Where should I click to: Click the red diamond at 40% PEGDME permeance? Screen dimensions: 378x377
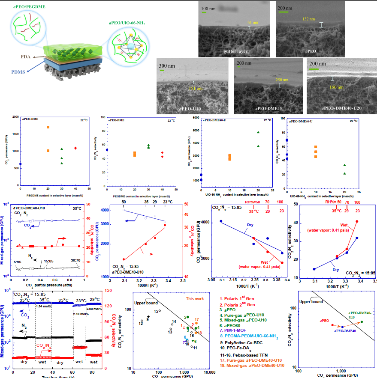(75, 148)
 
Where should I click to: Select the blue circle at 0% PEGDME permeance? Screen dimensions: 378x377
(20, 164)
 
